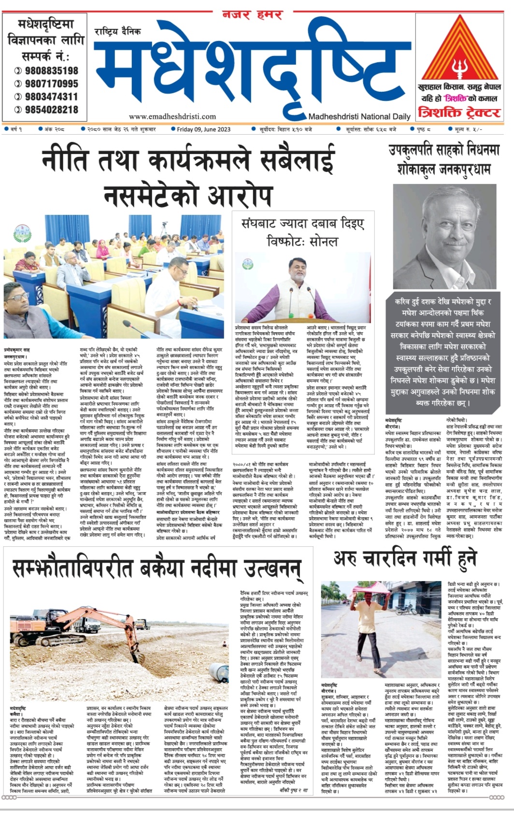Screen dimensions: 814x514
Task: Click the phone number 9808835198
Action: click(51, 71)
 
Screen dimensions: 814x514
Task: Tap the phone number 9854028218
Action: click(51, 110)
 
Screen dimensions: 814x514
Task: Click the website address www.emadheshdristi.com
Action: click(172, 116)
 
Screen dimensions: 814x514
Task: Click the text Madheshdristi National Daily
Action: click(359, 116)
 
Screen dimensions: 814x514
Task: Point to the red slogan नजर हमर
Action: click(252, 14)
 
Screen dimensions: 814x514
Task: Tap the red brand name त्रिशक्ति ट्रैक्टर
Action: click(459, 113)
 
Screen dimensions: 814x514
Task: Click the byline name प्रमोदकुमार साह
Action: click(17, 349)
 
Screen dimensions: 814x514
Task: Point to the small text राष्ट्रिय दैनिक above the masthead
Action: click(118, 32)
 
